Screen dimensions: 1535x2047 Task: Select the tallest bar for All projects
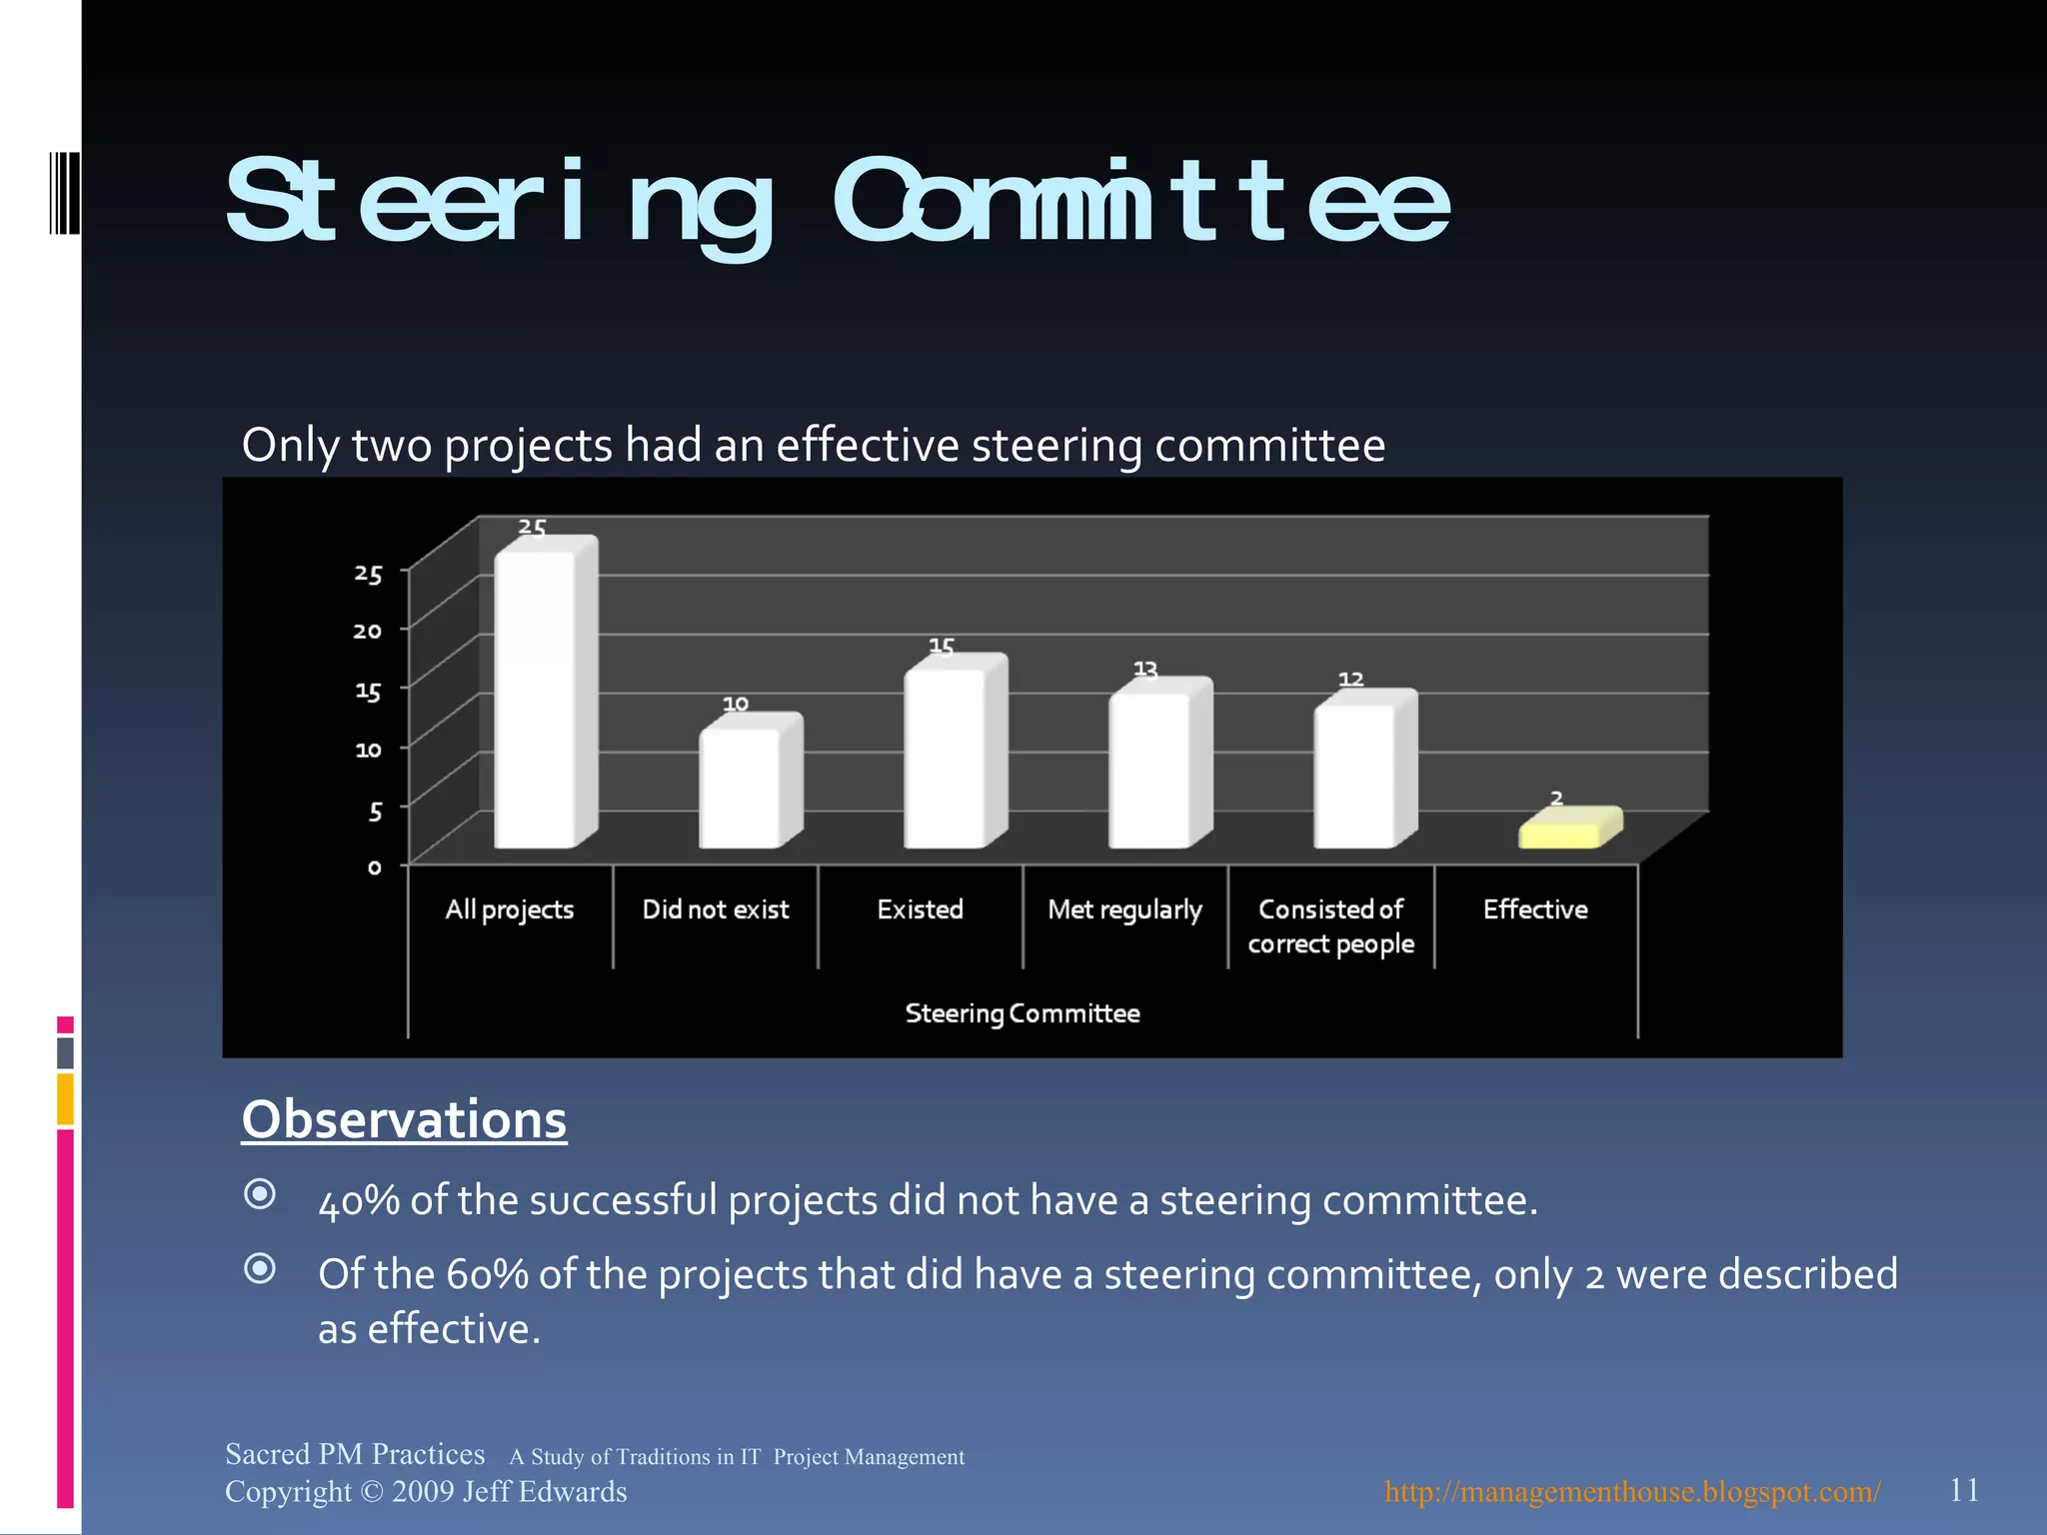538,700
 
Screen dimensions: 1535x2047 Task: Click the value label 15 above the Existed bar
942,647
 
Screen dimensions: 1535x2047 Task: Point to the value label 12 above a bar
1350,680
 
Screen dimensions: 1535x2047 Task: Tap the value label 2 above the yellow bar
1556,797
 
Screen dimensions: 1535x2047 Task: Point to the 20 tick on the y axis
368,631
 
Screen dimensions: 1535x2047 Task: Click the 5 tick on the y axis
375,810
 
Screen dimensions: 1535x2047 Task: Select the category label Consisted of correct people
1330,926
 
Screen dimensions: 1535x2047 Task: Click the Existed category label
920,909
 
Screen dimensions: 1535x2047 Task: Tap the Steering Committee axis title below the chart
1022,1013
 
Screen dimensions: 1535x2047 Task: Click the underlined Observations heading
404,1119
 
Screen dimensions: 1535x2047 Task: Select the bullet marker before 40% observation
260,1193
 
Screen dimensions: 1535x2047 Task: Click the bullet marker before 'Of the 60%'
260,1268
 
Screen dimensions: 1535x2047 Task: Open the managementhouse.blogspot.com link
1631,1491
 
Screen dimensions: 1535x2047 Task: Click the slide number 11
1963,1490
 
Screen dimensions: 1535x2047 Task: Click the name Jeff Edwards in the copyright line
545,1491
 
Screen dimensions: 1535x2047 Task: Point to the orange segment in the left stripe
65,1098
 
